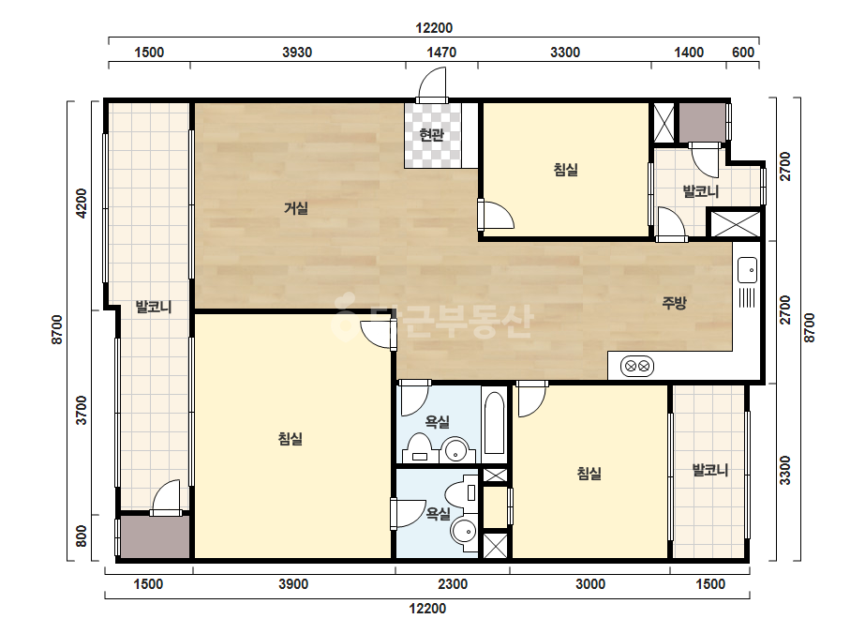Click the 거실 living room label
click(296, 208)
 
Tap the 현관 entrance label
click(431, 135)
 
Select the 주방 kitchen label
click(674, 303)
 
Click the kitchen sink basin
click(748, 270)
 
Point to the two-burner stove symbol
click(637, 366)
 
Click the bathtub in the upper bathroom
click(494, 423)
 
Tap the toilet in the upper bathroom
click(419, 448)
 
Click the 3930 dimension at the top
click(297, 53)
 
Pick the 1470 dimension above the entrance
click(442, 53)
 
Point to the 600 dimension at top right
click(743, 53)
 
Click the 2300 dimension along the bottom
click(453, 584)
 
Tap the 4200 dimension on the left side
click(82, 204)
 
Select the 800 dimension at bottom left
click(82, 536)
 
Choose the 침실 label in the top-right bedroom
click(566, 169)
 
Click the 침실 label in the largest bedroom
click(291, 439)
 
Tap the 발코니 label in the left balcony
click(154, 307)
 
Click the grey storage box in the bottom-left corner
click(155, 537)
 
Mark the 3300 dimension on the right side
click(785, 470)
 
